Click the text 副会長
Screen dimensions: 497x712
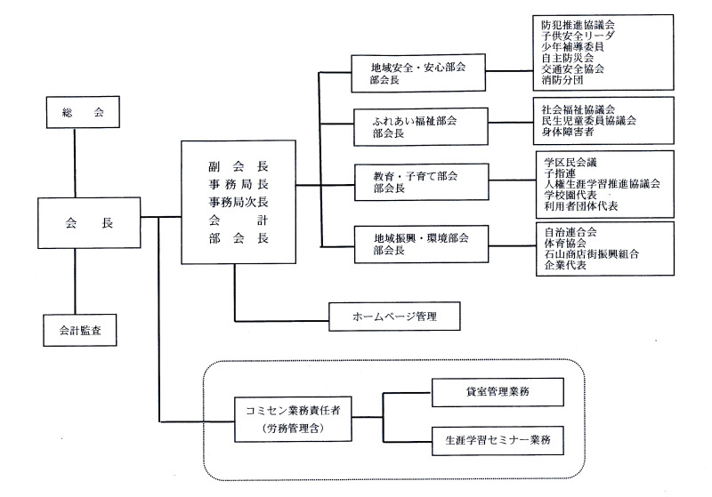point(236,166)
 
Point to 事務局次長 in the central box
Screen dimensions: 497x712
point(236,203)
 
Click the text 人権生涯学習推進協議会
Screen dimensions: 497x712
point(602,183)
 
